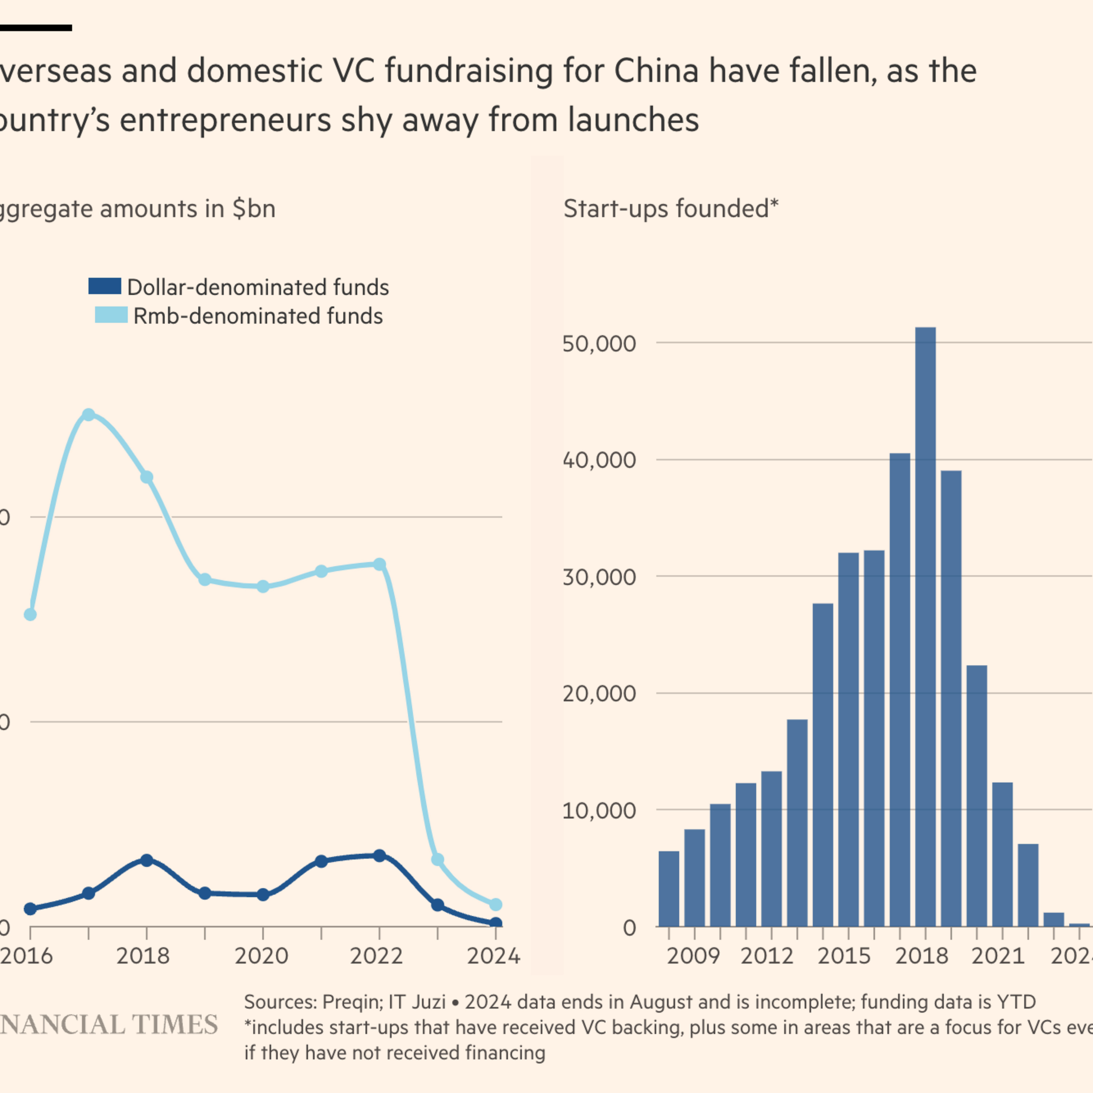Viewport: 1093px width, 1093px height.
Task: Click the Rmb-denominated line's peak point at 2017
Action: click(x=88, y=415)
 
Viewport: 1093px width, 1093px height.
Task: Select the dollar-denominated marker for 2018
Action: click(x=146, y=860)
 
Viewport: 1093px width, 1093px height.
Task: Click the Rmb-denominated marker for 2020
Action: click(x=263, y=587)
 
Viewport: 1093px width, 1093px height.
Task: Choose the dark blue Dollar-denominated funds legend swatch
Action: click(x=105, y=286)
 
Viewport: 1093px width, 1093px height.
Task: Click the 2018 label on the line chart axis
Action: click(x=143, y=956)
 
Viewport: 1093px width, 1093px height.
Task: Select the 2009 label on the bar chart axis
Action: click(x=693, y=956)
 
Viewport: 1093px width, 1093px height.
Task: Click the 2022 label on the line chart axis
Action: click(x=376, y=956)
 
